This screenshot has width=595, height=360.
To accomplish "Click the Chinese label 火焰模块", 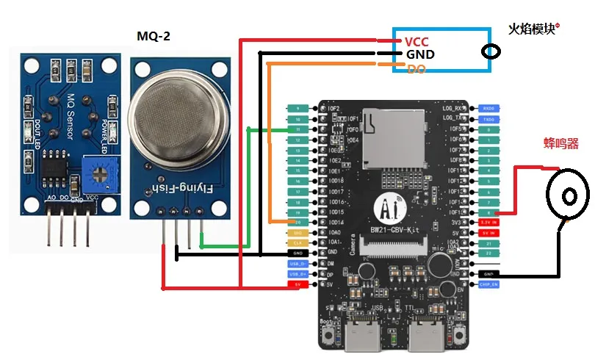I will tap(533, 29).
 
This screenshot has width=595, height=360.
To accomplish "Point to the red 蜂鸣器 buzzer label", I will tap(560, 143).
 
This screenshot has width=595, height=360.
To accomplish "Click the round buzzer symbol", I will tap(568, 195).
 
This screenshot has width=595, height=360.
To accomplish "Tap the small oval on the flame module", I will tap(491, 51).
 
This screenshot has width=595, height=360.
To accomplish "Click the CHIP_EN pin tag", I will tap(488, 284).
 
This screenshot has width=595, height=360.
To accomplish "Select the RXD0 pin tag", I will tap(488, 108).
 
